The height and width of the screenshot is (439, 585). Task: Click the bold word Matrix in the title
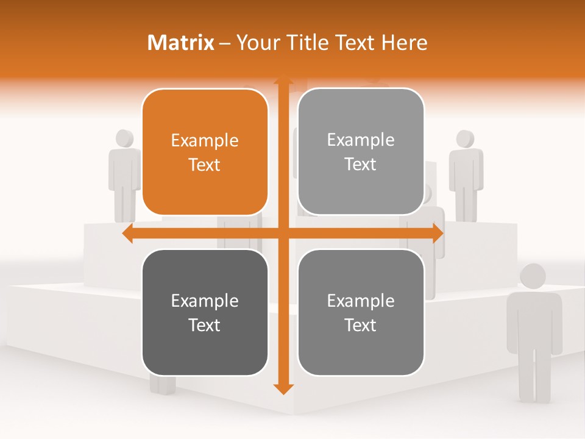(x=181, y=43)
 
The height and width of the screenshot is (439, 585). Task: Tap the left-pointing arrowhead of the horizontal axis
(x=127, y=234)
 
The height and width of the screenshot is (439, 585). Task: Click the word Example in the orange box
(x=205, y=141)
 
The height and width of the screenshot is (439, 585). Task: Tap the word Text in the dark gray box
(x=205, y=325)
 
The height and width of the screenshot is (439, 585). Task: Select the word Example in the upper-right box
(x=361, y=140)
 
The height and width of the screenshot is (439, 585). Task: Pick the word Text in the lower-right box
(x=361, y=325)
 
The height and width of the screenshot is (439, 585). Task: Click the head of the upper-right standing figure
(x=466, y=138)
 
